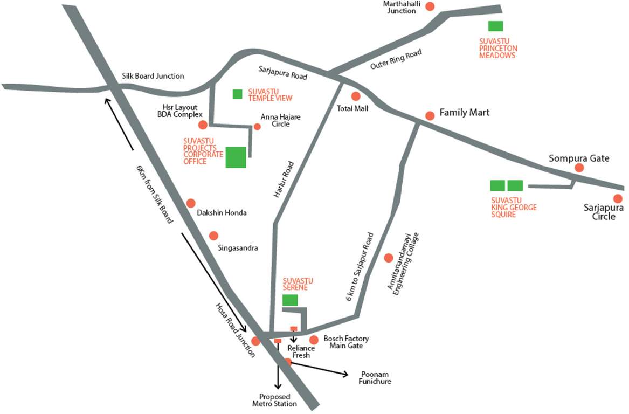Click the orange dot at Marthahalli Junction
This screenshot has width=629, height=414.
[x=430, y=6]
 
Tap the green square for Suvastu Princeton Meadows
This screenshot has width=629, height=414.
[x=495, y=26]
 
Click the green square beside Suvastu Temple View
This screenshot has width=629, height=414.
[x=237, y=94]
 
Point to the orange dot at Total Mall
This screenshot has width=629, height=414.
[x=356, y=96]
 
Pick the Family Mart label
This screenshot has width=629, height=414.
[x=465, y=113]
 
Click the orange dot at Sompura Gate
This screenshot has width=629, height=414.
[x=579, y=168]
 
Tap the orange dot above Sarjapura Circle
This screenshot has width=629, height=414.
[x=618, y=199]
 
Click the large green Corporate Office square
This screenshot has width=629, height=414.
[x=236, y=157]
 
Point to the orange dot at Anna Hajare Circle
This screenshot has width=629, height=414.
[x=257, y=127]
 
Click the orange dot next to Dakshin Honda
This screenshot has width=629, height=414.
[x=191, y=203]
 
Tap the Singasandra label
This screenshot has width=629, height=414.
[x=238, y=248]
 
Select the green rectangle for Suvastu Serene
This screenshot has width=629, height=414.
[x=290, y=300]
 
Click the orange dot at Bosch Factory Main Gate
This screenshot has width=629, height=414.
[x=314, y=340]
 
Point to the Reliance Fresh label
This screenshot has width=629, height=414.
[x=301, y=351]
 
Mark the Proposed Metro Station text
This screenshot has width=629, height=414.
[x=274, y=400]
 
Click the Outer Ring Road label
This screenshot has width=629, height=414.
[x=396, y=59]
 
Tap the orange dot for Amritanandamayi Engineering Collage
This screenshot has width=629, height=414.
[x=388, y=258]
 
